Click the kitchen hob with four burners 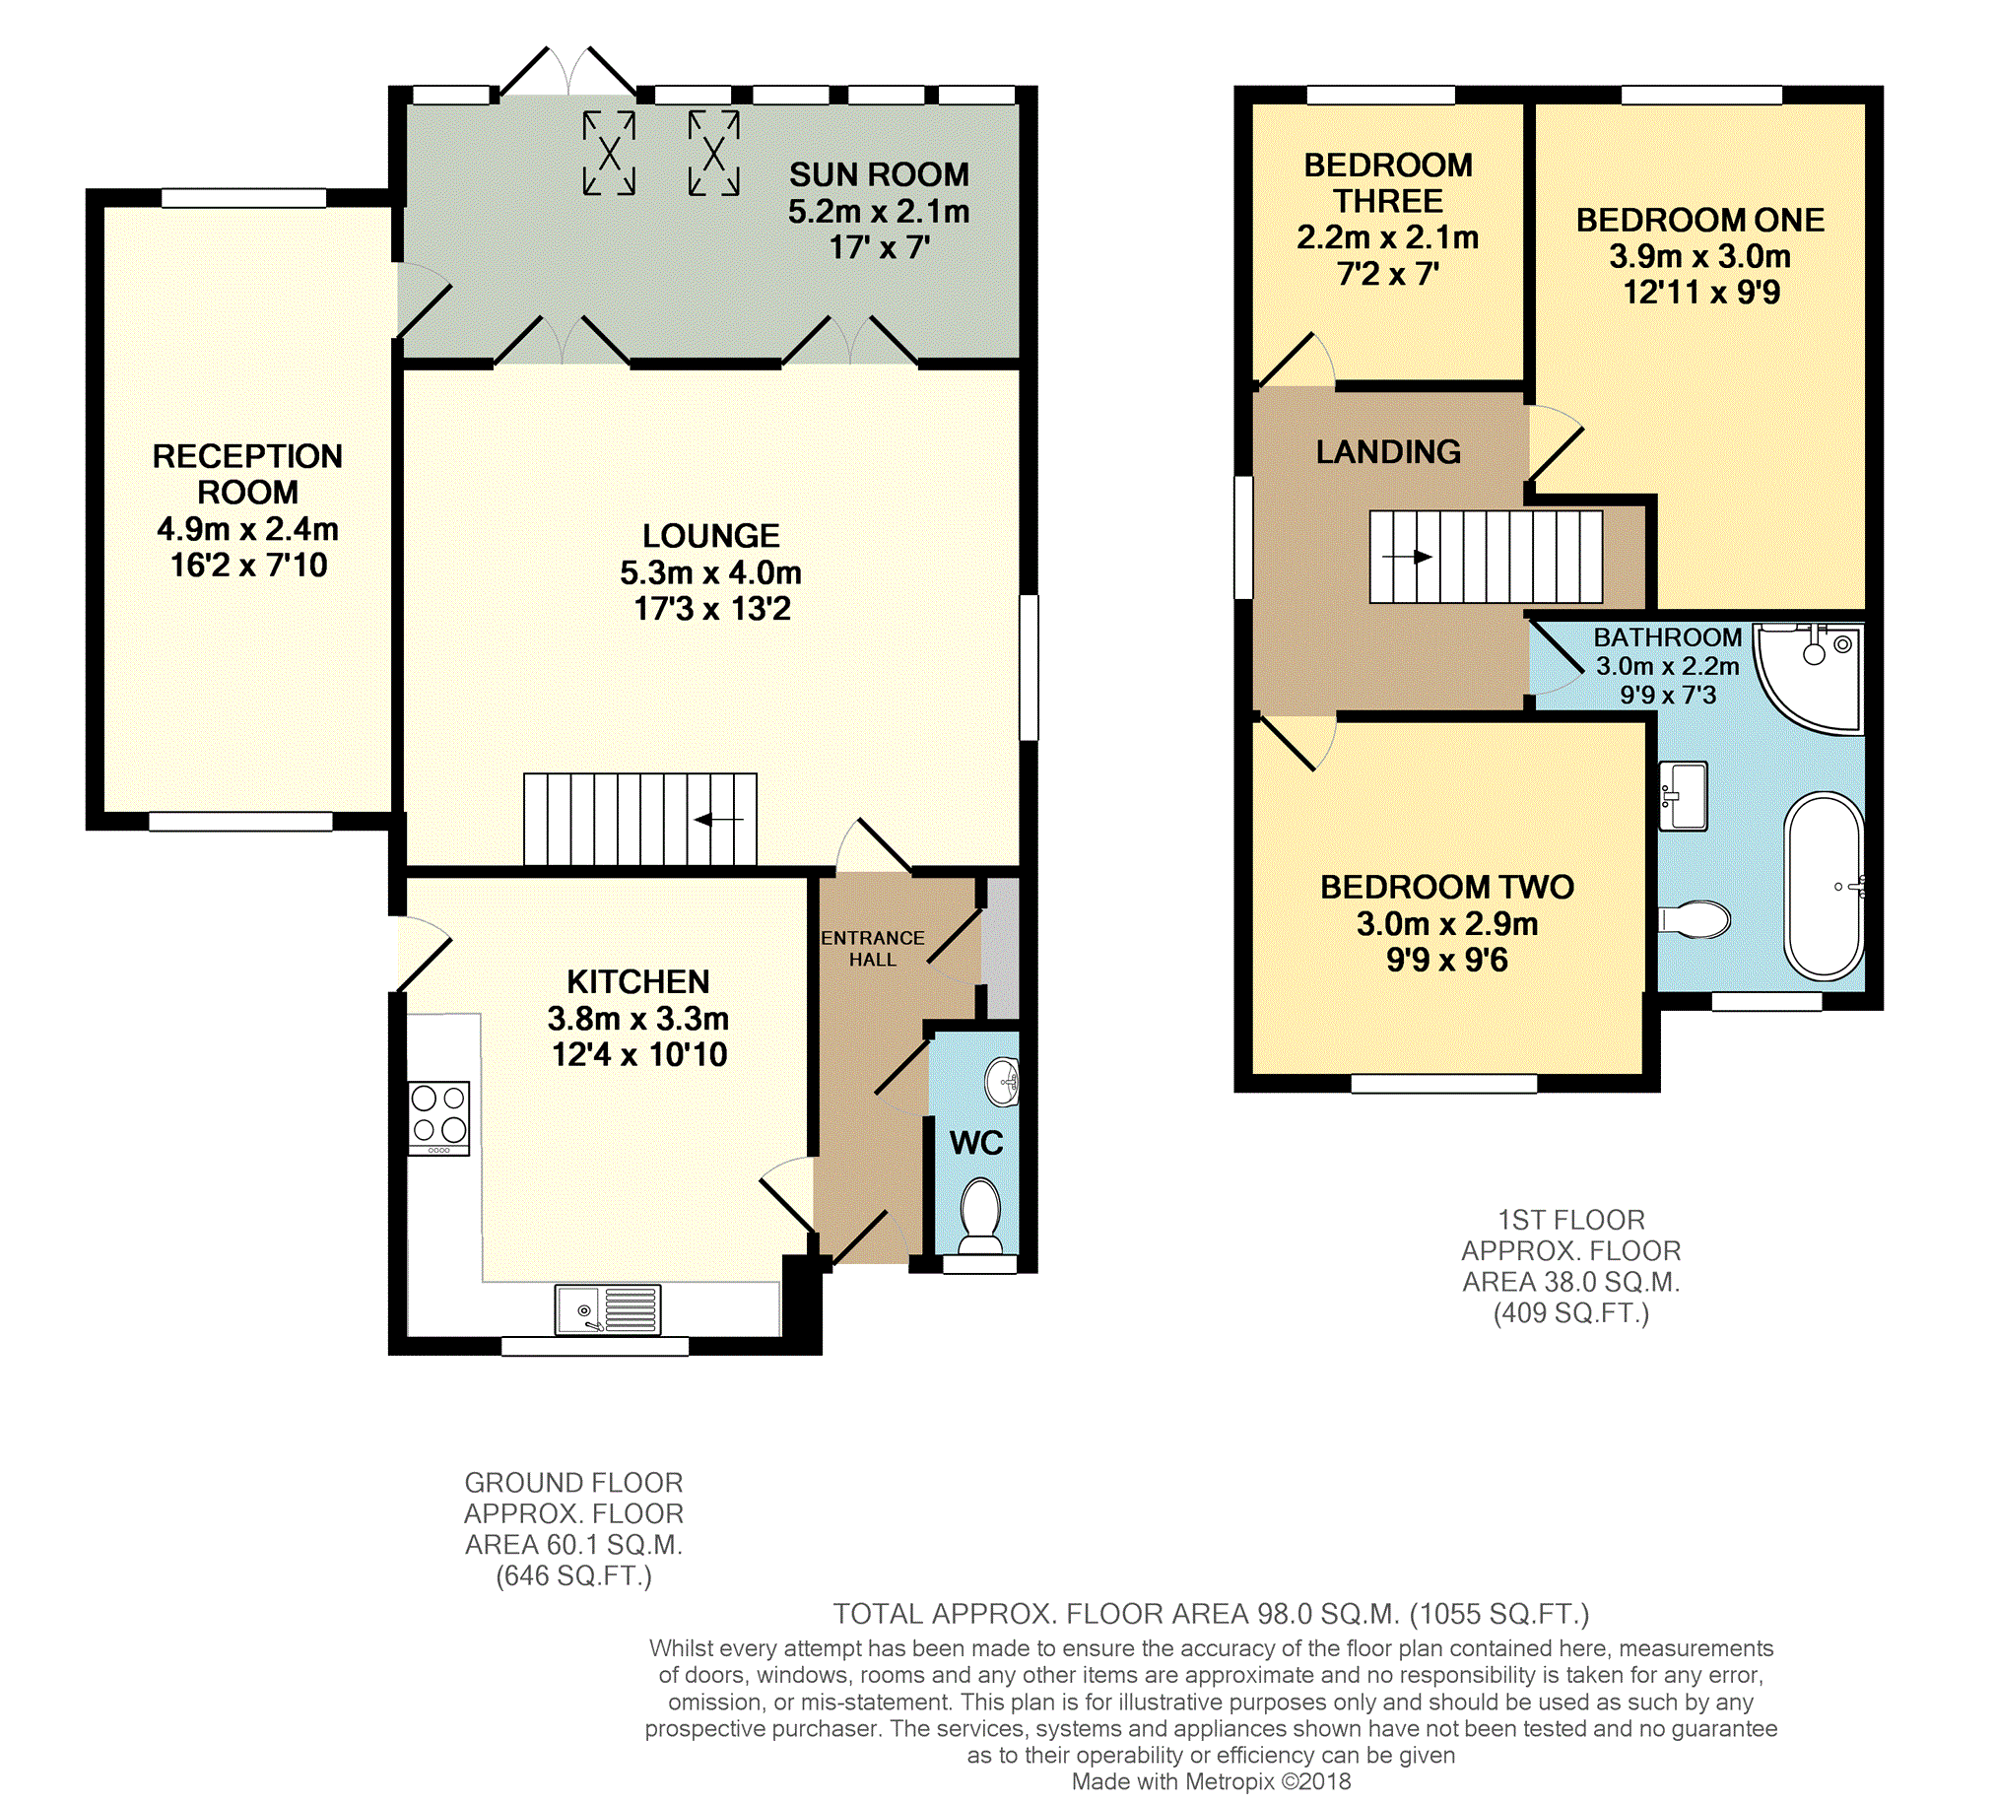[439, 1118]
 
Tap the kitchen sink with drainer [608, 1309]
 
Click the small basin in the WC [1004, 1082]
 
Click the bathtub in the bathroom [1824, 887]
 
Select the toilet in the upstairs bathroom [1694, 919]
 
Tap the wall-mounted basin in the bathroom [1684, 796]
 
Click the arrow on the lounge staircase [719, 820]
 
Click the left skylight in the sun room [609, 153]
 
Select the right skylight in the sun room [713, 153]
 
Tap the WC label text [976, 1143]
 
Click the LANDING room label [1388, 452]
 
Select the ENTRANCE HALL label [873, 948]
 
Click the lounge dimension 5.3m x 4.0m [710, 572]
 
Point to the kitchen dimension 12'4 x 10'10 [639, 1054]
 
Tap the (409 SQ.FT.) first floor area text [1571, 1313]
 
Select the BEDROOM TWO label [1447, 887]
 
